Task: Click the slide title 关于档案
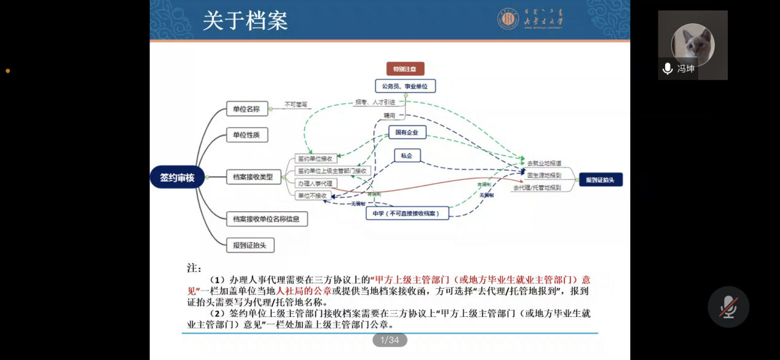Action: coord(245,21)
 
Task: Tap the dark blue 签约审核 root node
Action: coord(177,178)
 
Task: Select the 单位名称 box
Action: coord(246,110)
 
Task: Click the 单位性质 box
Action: coord(246,135)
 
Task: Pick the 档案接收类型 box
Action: coord(253,178)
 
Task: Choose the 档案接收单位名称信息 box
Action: coord(267,219)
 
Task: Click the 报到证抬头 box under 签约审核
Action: coord(250,245)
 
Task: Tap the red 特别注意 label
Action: coord(405,69)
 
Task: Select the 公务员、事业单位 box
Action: coord(405,86)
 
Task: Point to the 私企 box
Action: coord(406,156)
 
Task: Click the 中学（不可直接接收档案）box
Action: coord(407,213)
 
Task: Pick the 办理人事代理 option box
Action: coord(315,183)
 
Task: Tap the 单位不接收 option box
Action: coord(312,195)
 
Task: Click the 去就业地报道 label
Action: coord(544,163)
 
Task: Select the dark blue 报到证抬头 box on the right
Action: coord(601,179)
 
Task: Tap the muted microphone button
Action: coord(728,307)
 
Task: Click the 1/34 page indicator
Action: coord(390,340)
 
